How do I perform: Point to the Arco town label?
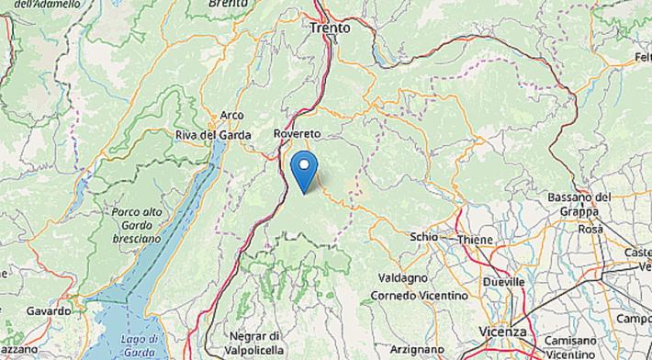(231, 116)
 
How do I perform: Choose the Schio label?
(423, 236)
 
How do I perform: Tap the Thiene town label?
(475, 240)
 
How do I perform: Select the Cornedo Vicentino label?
(418, 296)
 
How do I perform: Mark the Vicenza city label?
(502, 332)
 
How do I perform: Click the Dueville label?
(503, 281)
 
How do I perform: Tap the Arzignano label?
(415, 350)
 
